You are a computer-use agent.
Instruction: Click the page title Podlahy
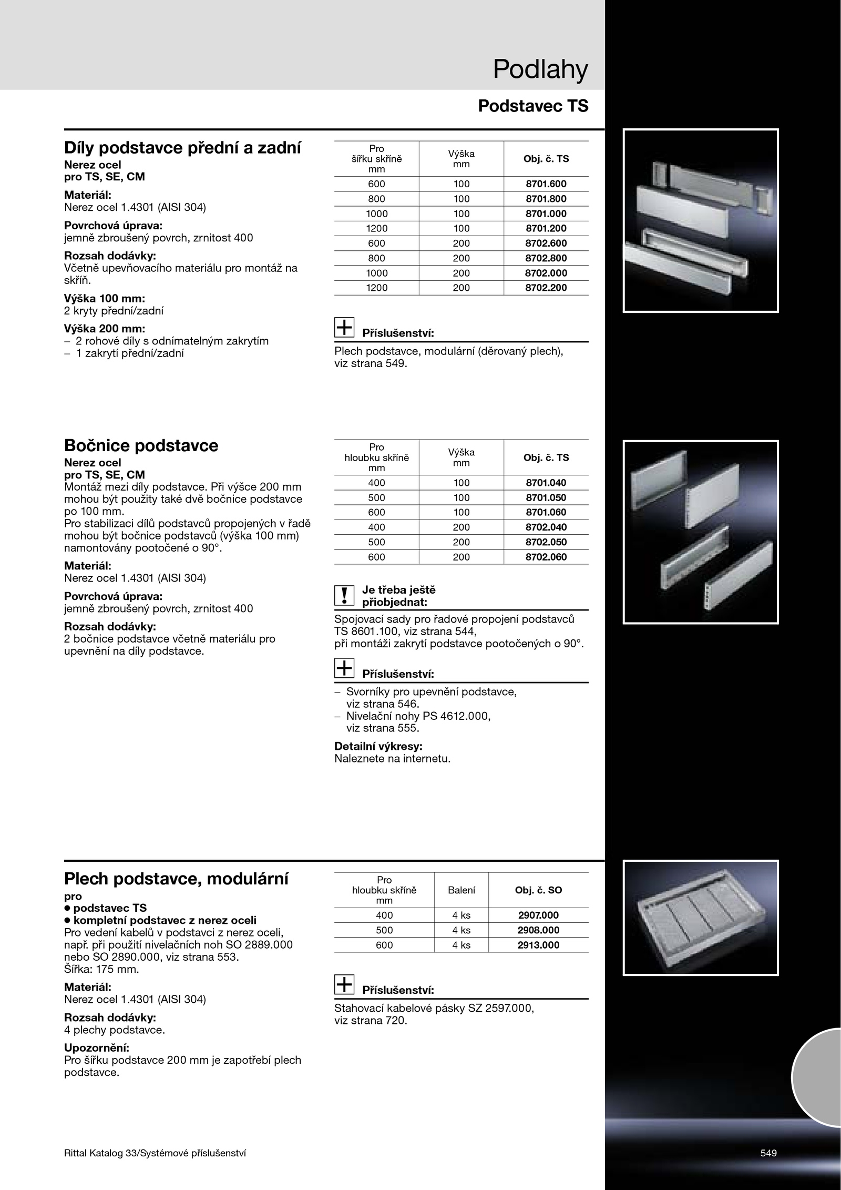click(540, 70)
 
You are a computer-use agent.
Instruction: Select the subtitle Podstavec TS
click(533, 106)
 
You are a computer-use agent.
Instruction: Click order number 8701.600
click(546, 184)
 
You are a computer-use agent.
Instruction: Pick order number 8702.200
click(546, 288)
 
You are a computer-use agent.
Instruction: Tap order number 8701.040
click(546, 483)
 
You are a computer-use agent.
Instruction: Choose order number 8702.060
click(546, 557)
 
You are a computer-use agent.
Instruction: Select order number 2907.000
click(538, 915)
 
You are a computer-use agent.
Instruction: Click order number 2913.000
click(538, 945)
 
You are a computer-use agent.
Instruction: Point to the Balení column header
click(461, 890)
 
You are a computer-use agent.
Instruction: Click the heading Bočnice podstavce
click(141, 446)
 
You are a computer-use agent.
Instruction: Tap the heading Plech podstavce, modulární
click(176, 879)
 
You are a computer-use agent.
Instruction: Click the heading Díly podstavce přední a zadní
click(182, 148)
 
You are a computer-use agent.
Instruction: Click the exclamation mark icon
click(344, 595)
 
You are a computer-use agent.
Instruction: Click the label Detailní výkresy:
click(378, 746)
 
